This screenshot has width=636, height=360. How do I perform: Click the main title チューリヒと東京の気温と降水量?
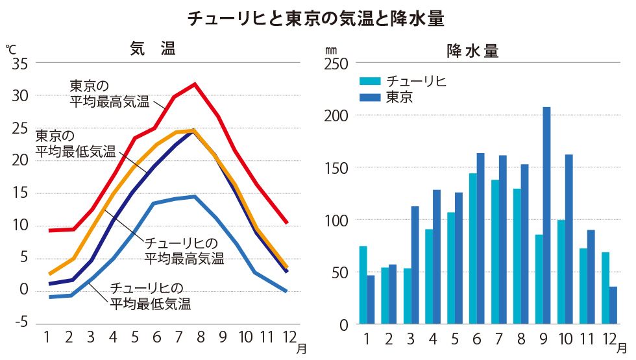(317, 18)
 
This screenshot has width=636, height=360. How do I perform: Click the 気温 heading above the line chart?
(153, 49)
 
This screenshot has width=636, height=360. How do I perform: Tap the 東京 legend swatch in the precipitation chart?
(371, 98)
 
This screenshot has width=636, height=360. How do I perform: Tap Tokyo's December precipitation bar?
(613, 305)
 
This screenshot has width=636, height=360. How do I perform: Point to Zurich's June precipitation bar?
(473, 248)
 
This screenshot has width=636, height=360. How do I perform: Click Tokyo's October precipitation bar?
(569, 239)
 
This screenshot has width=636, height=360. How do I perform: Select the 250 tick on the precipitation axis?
(337, 64)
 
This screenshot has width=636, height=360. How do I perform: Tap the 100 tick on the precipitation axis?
(337, 220)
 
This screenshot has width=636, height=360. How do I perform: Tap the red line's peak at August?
(194, 84)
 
